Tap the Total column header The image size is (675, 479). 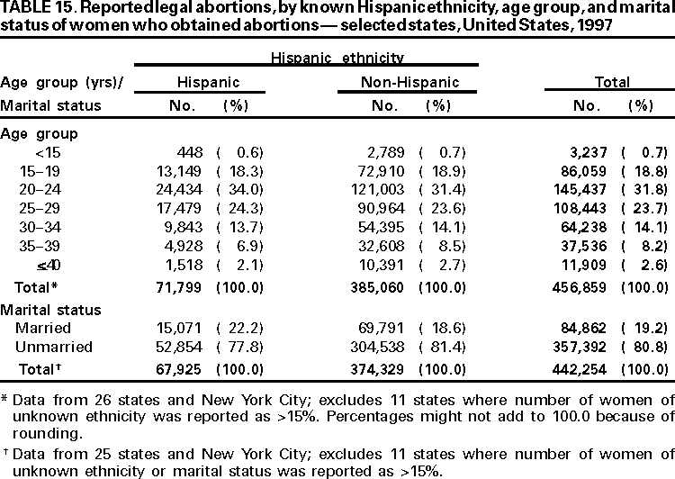tap(611, 83)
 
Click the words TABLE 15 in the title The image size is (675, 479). tap(34, 8)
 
